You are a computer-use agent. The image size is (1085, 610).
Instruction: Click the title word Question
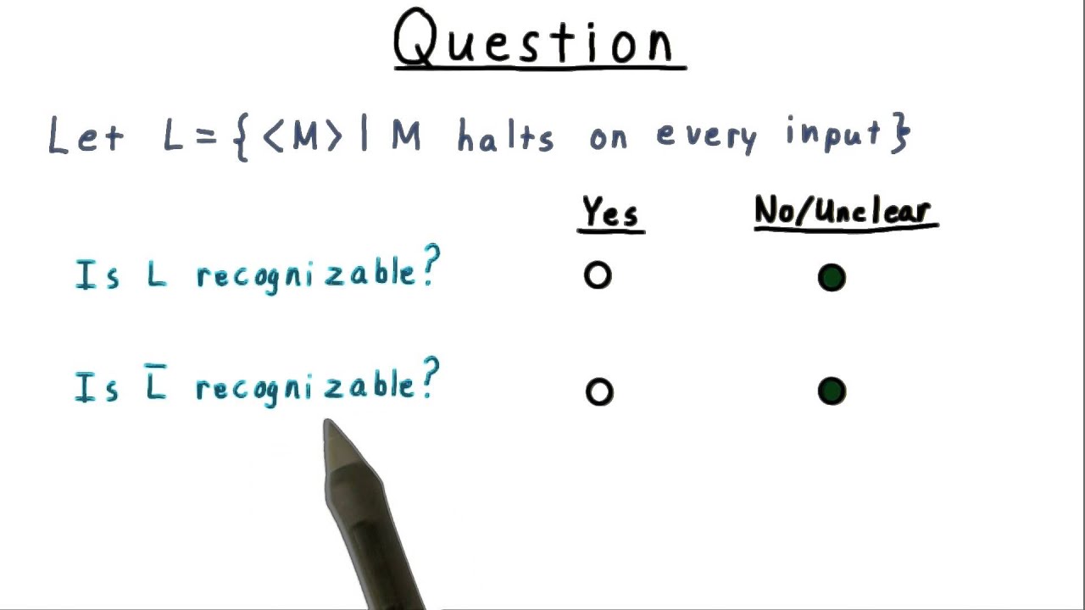539,41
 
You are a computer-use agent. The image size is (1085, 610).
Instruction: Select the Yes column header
610,213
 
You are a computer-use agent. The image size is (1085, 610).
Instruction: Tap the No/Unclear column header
845,212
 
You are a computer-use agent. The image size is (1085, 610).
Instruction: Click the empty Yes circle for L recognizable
598,276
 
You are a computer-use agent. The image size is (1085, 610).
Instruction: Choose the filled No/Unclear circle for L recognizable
832,278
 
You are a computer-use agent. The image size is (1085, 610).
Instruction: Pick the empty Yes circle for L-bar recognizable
598,391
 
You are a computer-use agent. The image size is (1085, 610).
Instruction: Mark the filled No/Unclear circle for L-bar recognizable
832,391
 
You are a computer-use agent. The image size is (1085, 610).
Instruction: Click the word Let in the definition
86,136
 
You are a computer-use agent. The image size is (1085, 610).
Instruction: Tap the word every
706,136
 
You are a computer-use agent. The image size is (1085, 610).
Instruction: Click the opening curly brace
240,137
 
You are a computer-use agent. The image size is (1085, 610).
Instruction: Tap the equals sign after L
205,137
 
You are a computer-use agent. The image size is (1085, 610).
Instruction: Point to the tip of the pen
327,424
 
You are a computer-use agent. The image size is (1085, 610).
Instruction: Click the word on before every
609,138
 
